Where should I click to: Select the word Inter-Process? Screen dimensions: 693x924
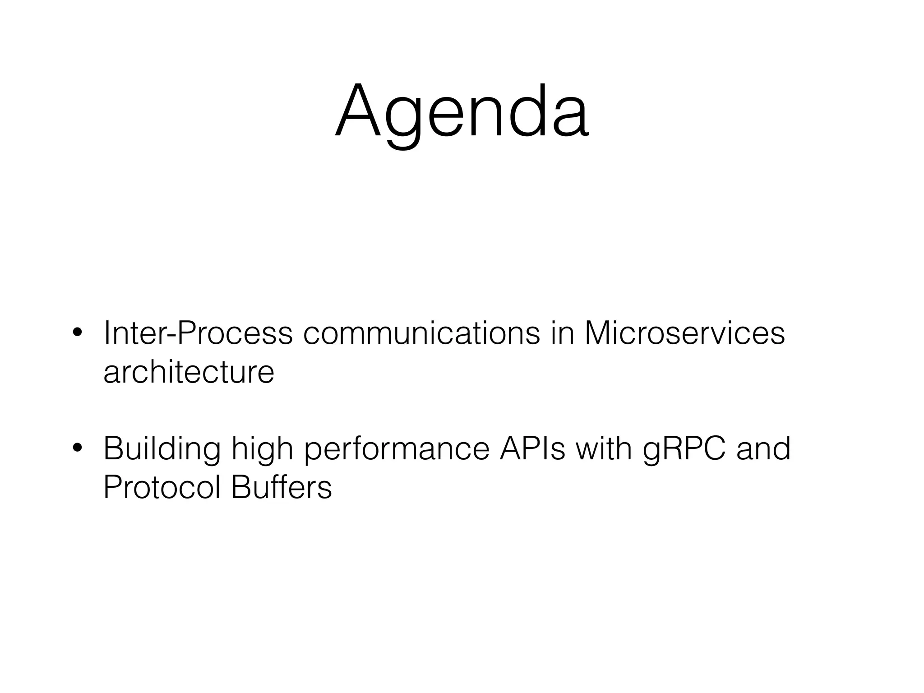click(198, 334)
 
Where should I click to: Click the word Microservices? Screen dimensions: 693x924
click(684, 334)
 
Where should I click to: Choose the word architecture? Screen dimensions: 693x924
click(189, 373)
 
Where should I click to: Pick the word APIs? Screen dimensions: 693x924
click(532, 448)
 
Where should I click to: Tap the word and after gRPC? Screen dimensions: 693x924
click(763, 448)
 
